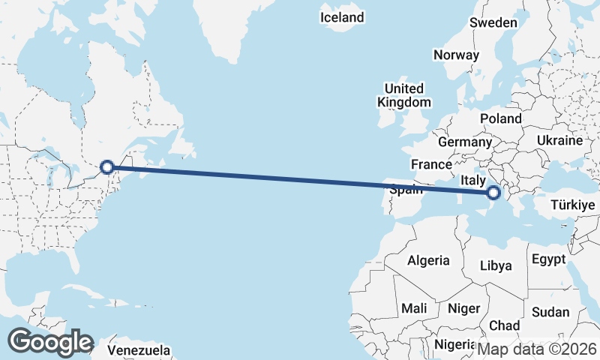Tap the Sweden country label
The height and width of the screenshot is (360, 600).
(x=493, y=22)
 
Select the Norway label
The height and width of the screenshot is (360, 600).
(x=456, y=55)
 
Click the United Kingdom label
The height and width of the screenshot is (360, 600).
(x=404, y=95)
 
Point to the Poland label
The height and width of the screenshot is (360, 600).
(x=501, y=118)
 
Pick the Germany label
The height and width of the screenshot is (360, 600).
(x=464, y=142)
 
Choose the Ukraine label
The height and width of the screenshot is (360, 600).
(x=559, y=140)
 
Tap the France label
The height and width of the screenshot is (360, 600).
(x=431, y=164)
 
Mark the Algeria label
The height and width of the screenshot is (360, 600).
(x=428, y=261)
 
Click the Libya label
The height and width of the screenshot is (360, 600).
(x=496, y=265)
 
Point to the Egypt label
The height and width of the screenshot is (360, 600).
(x=548, y=259)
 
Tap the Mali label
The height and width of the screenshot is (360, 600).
(x=414, y=307)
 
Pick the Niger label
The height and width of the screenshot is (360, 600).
(x=463, y=307)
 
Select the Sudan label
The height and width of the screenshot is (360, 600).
(x=550, y=312)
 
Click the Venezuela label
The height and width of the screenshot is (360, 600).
(x=138, y=350)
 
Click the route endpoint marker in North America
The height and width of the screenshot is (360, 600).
(x=108, y=167)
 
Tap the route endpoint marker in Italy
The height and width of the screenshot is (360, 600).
(x=493, y=193)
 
